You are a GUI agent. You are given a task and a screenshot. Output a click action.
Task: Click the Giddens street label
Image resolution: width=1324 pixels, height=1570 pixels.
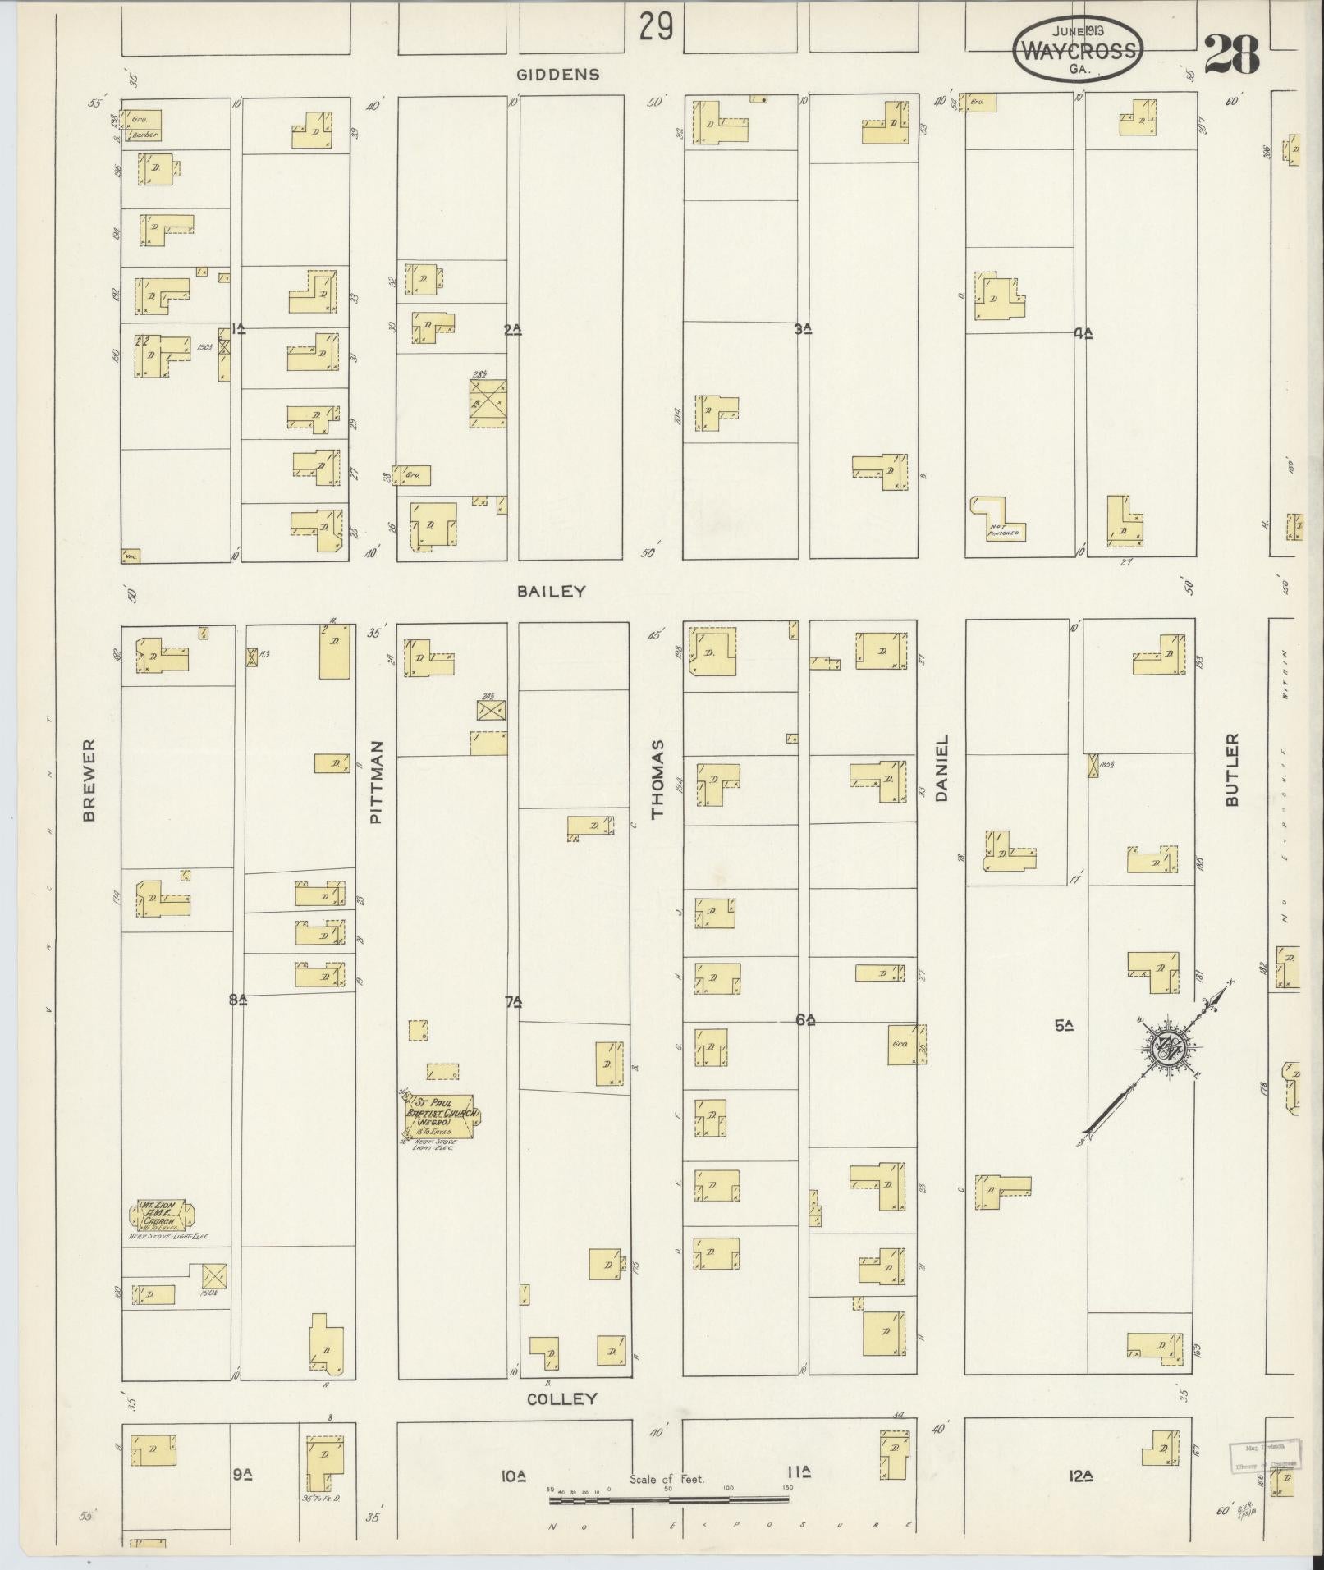point(557,75)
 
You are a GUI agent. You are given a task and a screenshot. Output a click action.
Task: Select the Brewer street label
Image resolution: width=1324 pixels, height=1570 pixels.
point(89,780)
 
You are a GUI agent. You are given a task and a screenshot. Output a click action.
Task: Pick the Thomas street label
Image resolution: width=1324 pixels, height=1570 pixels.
point(657,779)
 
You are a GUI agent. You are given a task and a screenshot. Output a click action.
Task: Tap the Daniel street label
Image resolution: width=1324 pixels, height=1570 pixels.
point(942,767)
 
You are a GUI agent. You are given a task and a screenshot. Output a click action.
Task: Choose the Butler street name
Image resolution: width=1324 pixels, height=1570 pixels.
point(1231,770)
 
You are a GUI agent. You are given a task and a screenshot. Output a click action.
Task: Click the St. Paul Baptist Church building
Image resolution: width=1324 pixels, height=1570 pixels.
point(441,1116)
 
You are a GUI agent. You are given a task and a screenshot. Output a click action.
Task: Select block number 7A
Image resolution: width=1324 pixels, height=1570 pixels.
point(514,1001)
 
